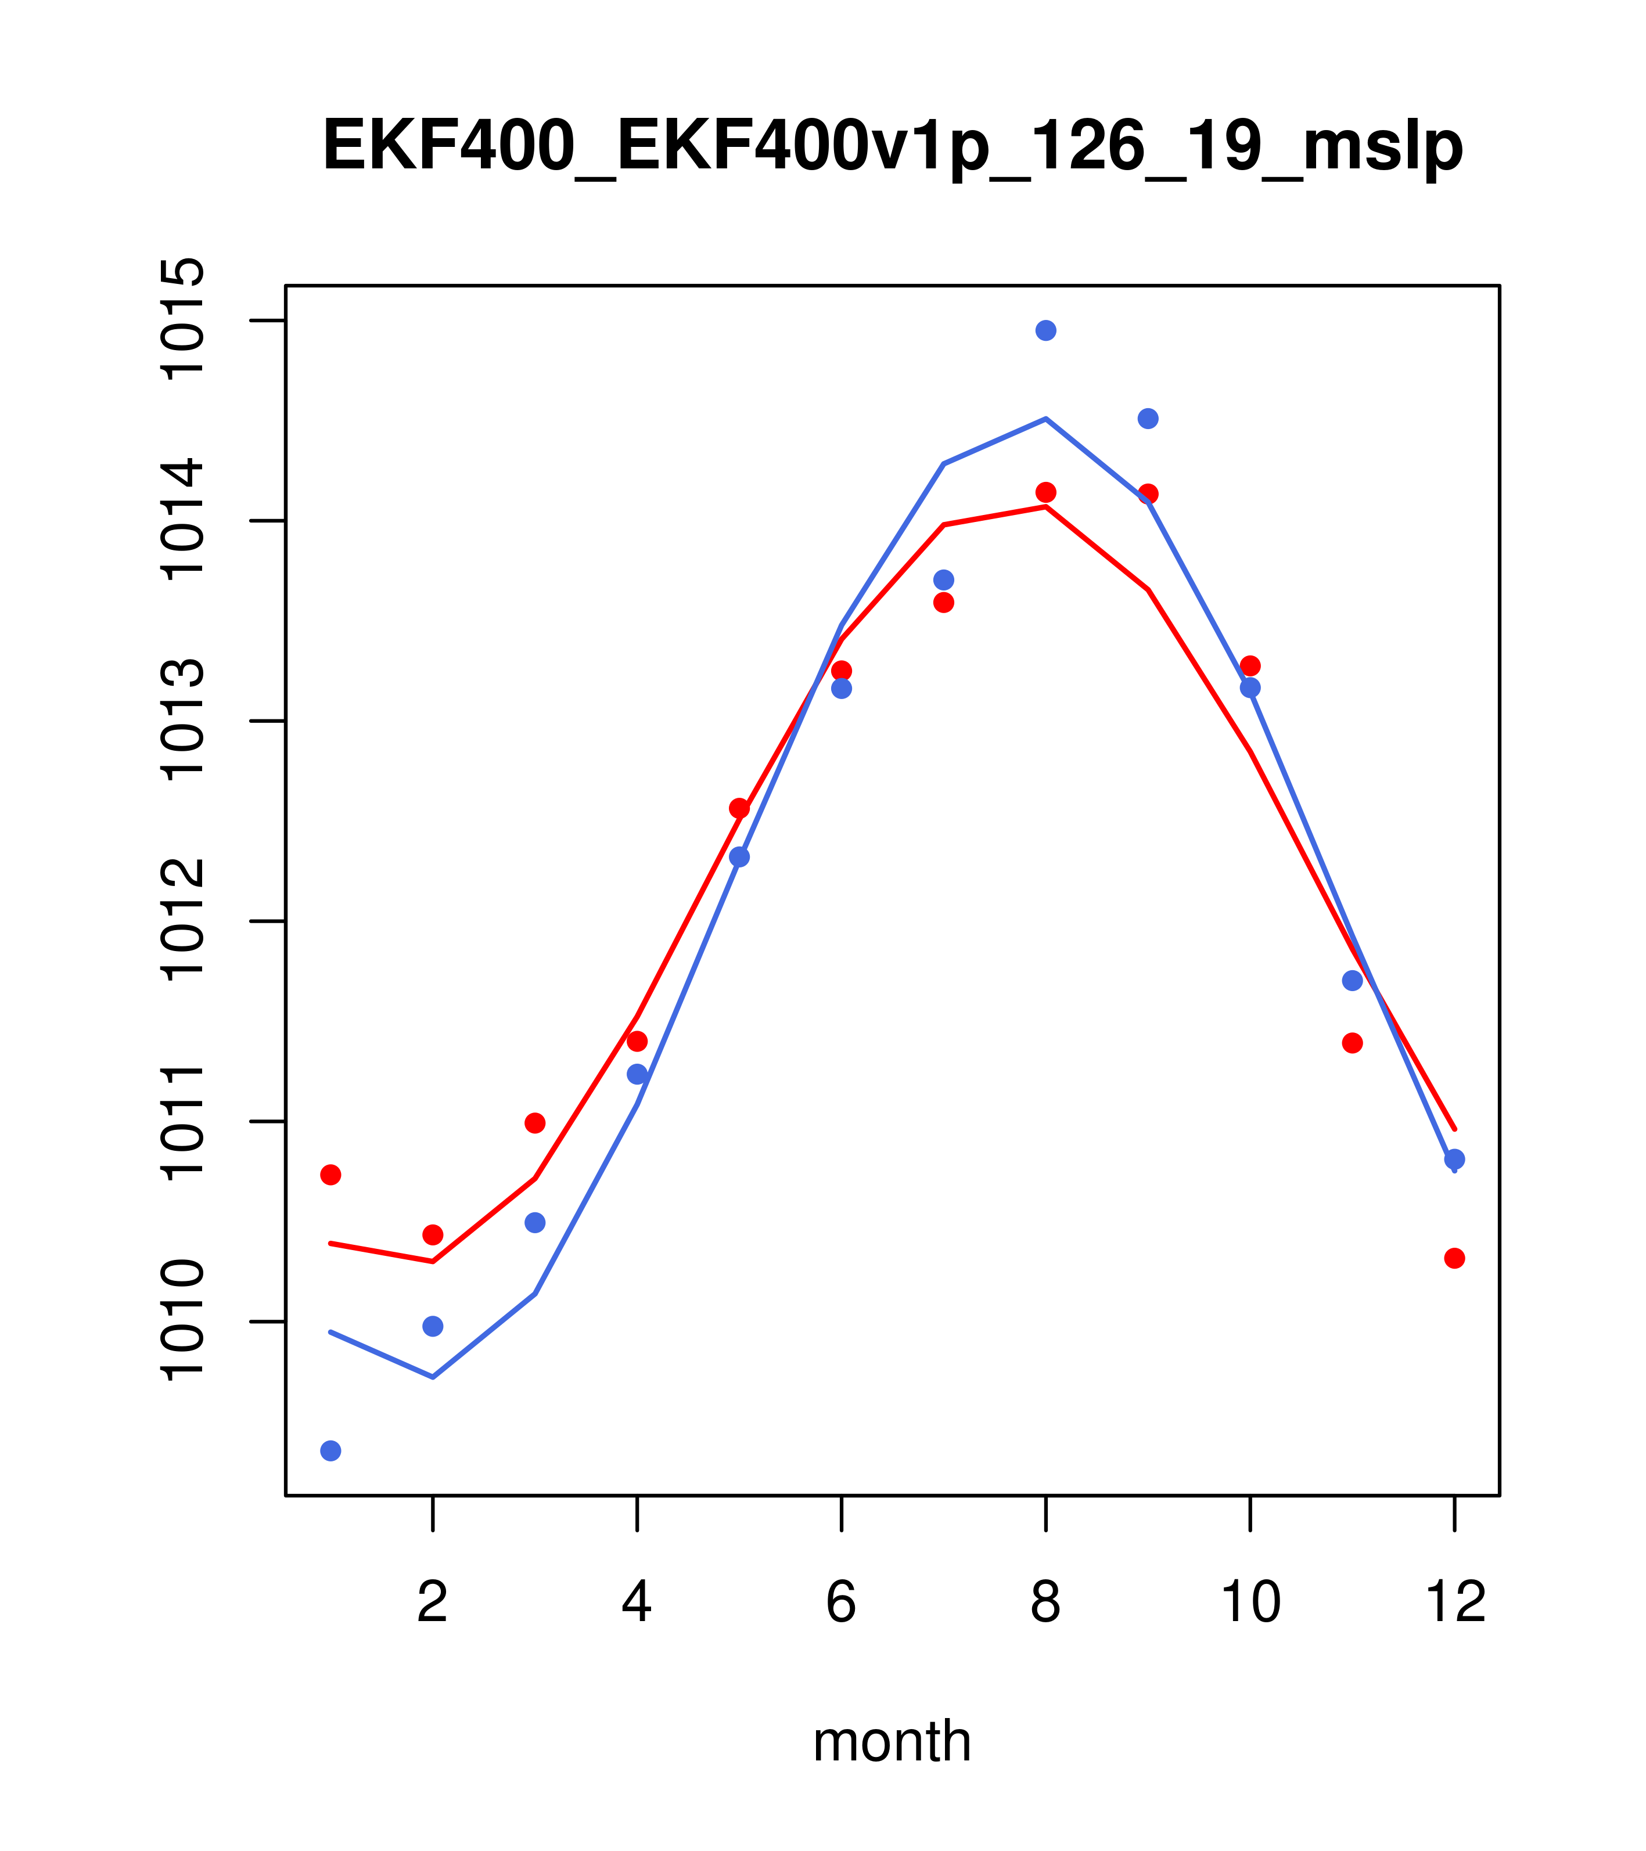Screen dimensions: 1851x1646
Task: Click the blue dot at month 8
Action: (x=1045, y=330)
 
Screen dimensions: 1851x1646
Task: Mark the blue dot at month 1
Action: (x=330, y=1451)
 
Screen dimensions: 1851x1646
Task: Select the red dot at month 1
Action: (x=330, y=1175)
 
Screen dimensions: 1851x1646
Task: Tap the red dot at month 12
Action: (x=1455, y=1258)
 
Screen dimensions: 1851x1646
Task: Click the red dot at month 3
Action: (x=536, y=1123)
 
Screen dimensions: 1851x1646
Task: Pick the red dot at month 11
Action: (x=1353, y=1043)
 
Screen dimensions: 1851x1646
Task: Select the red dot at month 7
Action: (x=943, y=602)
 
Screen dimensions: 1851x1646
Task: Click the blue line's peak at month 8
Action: (x=1045, y=419)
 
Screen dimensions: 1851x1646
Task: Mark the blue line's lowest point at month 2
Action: (x=433, y=1377)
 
